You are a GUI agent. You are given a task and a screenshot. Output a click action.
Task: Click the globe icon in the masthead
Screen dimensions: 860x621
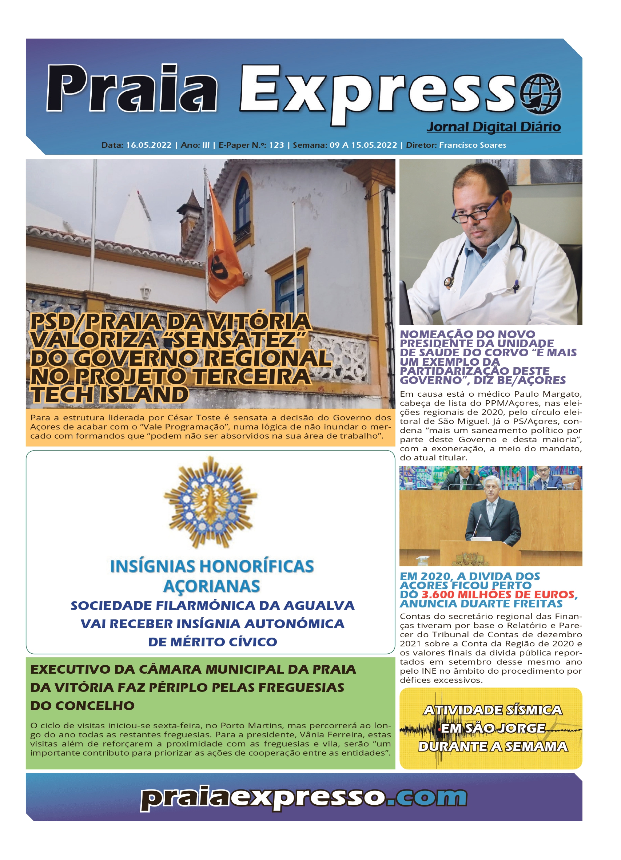click(540, 94)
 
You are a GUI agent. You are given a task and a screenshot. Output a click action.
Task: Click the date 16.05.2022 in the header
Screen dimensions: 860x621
click(149, 145)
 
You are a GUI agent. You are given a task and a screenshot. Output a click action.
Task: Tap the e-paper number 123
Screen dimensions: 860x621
click(276, 145)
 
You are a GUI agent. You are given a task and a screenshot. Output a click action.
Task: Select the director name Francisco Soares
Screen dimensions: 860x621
click(472, 145)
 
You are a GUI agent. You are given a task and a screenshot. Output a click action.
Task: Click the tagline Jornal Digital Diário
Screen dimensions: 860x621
click(494, 127)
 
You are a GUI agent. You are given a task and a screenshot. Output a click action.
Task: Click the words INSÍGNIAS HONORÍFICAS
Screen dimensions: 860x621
click(212, 567)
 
